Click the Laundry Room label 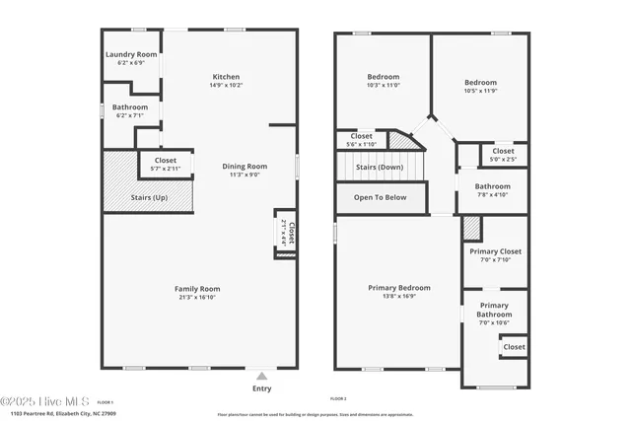coord(131,54)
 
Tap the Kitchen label coord(226,77)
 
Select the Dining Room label coord(244,167)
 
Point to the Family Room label coord(198,288)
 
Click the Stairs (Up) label coord(121,197)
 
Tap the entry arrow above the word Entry coord(261,376)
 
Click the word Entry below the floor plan coord(261,388)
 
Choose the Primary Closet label coord(495,251)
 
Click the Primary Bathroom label coord(493,310)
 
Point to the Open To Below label coord(380,197)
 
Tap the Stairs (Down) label coord(380,167)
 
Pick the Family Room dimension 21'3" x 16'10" coord(198,297)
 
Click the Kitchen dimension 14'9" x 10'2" coord(226,86)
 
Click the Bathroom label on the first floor coord(130,106)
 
